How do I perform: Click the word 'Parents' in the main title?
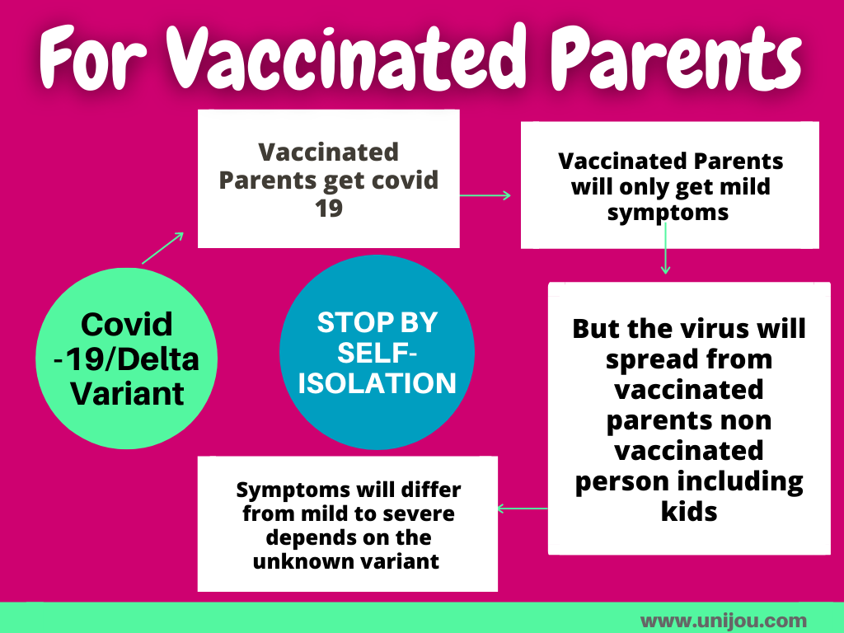pos(676,59)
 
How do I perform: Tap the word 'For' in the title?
pos(93,59)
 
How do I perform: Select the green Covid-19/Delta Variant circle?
pos(126,359)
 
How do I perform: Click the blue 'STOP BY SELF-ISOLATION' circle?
pos(377,352)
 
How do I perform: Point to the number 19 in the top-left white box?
pos(328,209)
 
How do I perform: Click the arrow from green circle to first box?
pos(162,248)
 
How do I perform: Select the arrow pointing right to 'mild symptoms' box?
pos(485,195)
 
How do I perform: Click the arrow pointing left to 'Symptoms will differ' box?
pos(523,508)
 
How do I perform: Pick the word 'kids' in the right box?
pos(689,511)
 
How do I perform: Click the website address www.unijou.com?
pos(724,621)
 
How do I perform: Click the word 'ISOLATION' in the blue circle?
pos(377,383)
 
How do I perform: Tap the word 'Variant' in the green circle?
pos(127,393)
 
